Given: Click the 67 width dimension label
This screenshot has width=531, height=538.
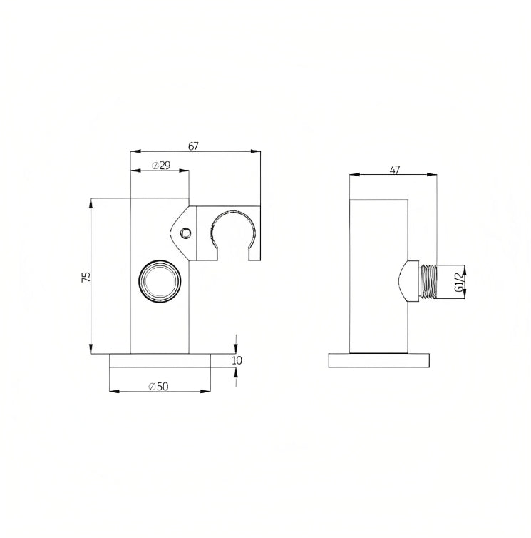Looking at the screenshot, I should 193,146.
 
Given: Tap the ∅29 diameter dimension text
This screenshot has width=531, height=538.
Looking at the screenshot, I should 161,166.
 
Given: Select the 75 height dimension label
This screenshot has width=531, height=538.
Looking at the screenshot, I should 86,277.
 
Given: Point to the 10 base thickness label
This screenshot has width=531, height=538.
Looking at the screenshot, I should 237,360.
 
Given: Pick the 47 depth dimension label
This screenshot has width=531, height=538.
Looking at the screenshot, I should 395,170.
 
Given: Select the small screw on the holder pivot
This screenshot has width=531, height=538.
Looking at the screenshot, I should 185,233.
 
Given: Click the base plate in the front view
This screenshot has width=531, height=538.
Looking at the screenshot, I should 160,360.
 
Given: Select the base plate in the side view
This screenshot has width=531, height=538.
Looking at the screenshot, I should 379,360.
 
